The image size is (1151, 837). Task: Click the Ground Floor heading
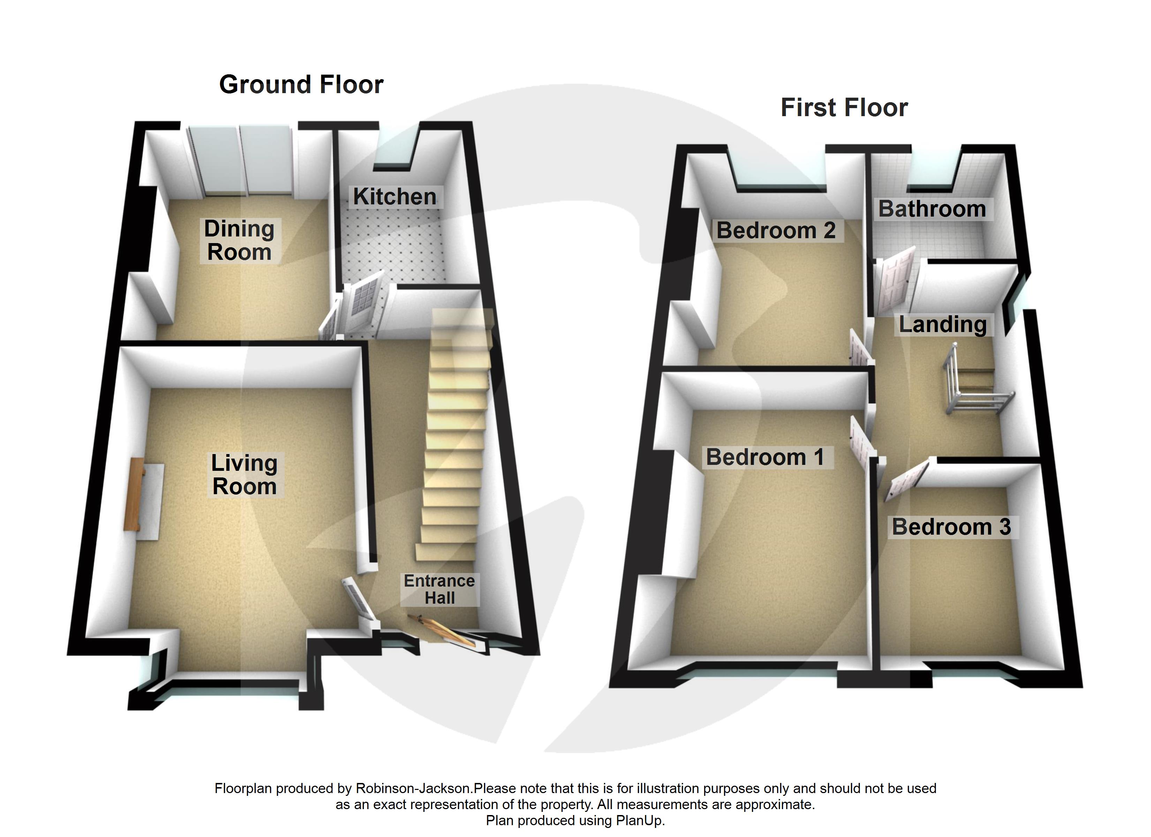(301, 85)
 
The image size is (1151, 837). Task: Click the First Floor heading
(844, 108)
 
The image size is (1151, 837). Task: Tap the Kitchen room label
(394, 196)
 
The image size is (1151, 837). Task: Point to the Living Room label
(244, 475)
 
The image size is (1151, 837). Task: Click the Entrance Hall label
(439, 589)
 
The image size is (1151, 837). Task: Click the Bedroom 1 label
(765, 457)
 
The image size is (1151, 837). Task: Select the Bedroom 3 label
(951, 527)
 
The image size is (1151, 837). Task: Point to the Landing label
(942, 324)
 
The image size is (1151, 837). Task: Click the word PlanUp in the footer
(639, 821)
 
